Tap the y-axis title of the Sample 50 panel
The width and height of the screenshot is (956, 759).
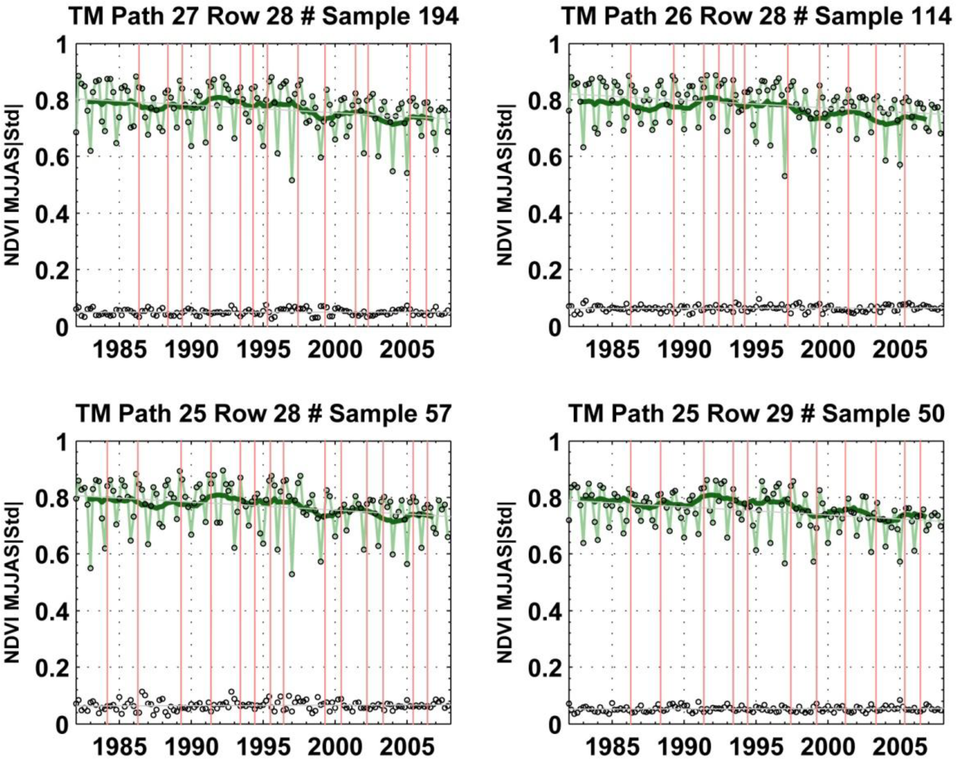(505, 583)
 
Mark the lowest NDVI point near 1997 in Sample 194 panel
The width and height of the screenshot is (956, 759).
(292, 180)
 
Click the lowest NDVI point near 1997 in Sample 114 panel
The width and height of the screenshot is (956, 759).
(785, 176)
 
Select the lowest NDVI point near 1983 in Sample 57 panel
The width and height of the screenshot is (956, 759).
(90, 568)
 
